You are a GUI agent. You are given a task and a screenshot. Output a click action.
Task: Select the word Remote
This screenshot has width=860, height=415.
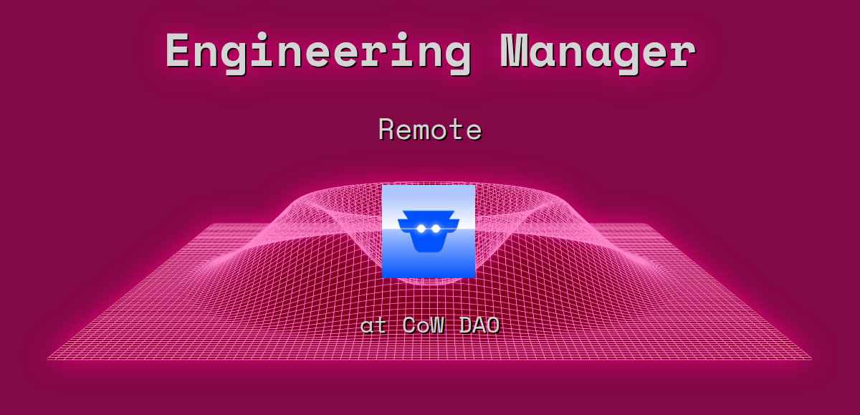coord(430,130)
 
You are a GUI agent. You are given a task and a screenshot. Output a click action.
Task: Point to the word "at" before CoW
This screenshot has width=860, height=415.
coord(373,325)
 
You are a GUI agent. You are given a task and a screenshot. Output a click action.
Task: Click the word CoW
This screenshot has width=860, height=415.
coord(424,325)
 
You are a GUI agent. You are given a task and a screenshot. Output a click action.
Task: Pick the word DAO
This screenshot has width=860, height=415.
coord(479,325)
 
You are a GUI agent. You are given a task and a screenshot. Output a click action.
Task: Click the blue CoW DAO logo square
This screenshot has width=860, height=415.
coord(429,231)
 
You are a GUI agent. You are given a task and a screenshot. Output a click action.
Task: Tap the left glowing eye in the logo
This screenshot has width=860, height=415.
coord(421,229)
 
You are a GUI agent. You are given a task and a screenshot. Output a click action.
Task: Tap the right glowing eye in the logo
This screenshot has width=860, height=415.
coord(434,229)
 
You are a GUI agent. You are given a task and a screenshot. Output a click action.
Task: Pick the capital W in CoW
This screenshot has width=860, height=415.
coord(437,325)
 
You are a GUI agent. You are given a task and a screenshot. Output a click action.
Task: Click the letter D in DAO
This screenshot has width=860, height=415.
coord(465,325)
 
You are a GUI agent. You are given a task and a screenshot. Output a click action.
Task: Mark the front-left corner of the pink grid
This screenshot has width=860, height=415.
coord(49,358)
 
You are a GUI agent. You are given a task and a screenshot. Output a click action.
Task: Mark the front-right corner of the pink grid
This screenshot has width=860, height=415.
coord(811,358)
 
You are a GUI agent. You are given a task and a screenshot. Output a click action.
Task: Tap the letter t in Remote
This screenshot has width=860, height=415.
coord(456,130)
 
